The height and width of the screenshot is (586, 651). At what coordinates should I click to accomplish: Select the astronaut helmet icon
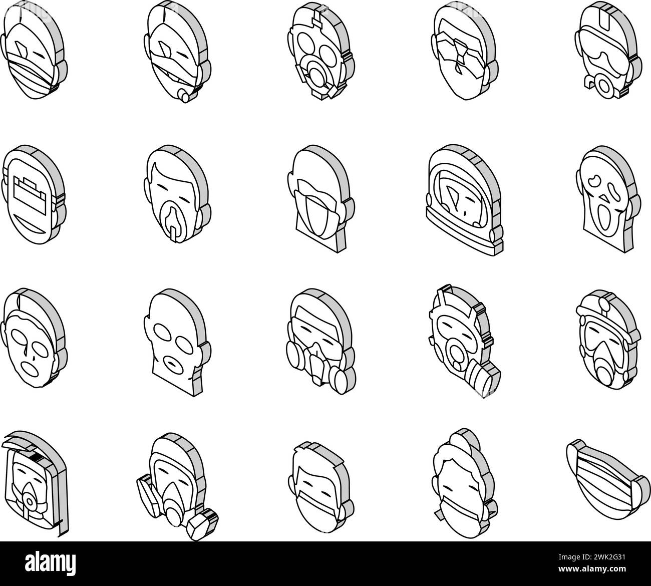pos(465,200)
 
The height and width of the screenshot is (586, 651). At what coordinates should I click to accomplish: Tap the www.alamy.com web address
pos(591,569)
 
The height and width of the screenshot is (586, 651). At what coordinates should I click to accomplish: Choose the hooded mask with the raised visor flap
pos(34,484)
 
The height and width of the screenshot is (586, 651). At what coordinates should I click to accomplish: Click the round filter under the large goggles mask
pos(603,86)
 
